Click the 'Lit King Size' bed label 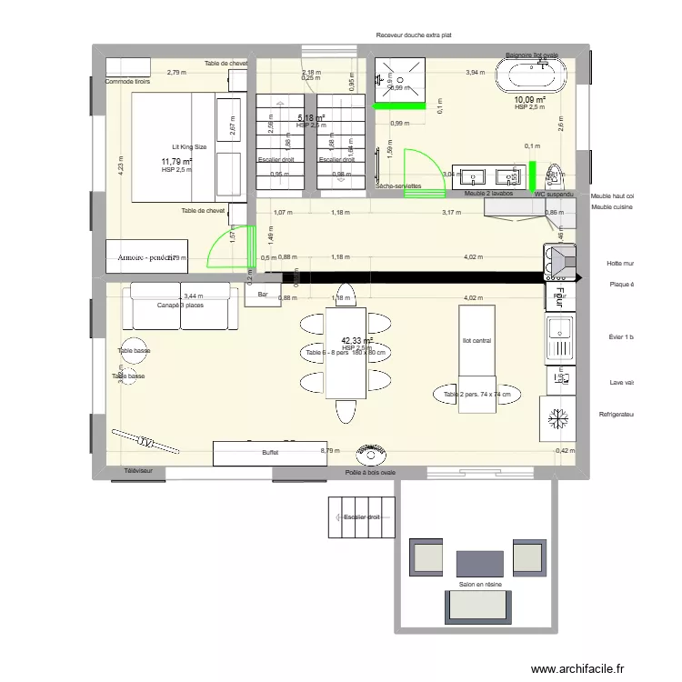190,146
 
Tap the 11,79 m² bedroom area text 176,161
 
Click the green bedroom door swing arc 220,251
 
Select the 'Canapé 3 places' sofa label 180,305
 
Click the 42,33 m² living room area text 357,340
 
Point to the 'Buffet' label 270,452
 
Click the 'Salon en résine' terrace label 481,585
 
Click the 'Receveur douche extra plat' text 414,35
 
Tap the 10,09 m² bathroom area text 529,100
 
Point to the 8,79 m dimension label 329,449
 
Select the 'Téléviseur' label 139,471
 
